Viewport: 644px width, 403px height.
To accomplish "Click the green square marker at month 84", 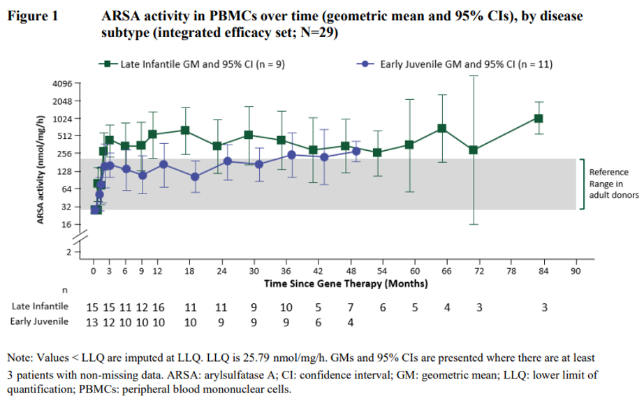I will pyautogui.click(x=539, y=119).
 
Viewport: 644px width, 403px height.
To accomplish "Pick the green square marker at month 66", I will pyautogui.click(x=442, y=129).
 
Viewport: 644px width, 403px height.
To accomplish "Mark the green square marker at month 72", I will pyautogui.click(x=474, y=149).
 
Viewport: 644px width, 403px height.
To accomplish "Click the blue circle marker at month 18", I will pyautogui.click(x=195, y=177).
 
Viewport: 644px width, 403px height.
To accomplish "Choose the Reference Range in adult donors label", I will pyautogui.click(x=610, y=184).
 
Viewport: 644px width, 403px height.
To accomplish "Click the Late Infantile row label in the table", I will pyautogui.click(x=41, y=307).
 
